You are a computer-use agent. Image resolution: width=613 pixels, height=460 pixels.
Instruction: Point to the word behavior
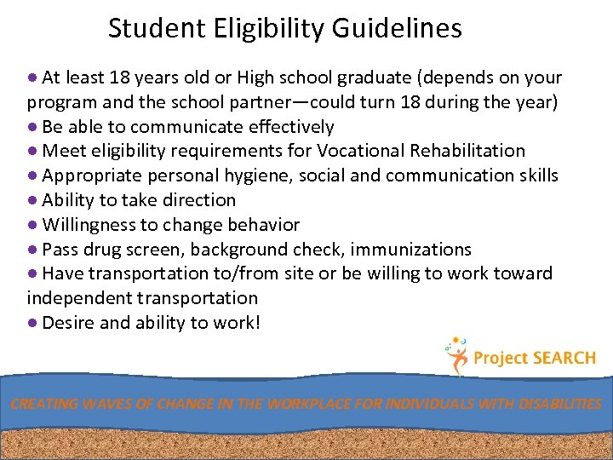[x=261, y=225]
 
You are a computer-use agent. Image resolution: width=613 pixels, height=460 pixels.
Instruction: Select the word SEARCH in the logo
[x=564, y=359]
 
